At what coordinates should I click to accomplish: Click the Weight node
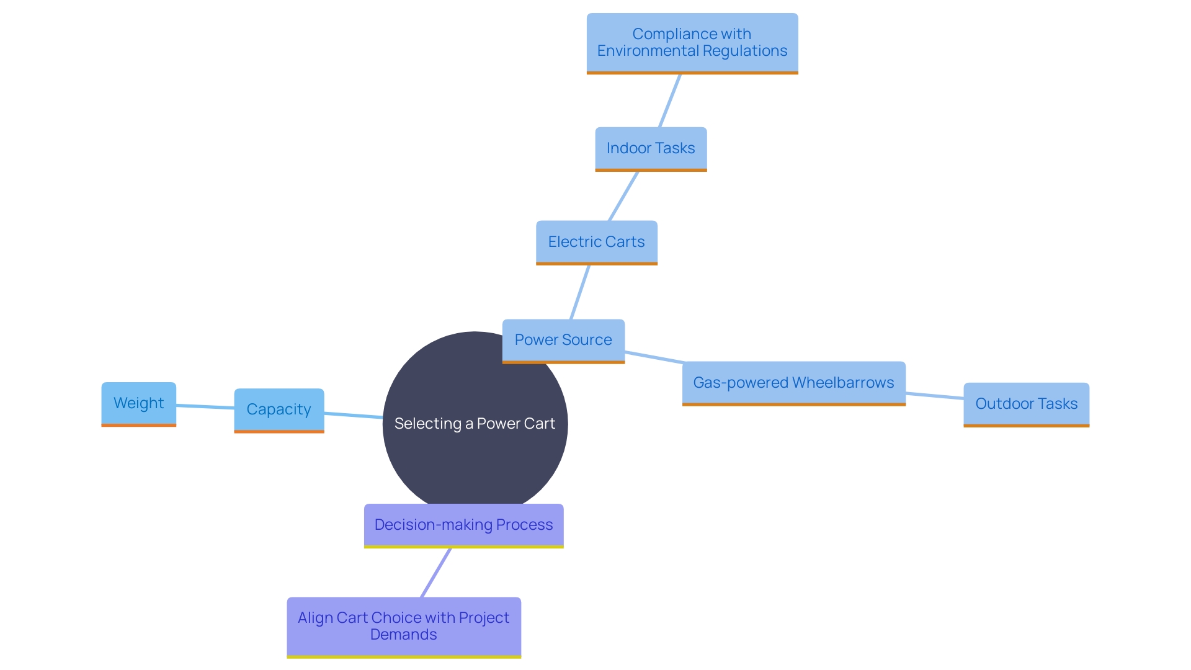[138, 404]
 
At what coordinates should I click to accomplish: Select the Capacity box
[279, 410]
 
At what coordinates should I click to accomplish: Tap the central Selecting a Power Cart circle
[475, 447]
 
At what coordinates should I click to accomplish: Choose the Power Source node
[563, 341]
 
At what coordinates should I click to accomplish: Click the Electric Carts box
[596, 242]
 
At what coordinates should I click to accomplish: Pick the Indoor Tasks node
[650, 149]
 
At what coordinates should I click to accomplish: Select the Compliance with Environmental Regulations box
[692, 43]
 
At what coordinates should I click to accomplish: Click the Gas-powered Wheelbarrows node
[793, 383]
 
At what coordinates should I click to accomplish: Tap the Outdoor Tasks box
[1026, 404]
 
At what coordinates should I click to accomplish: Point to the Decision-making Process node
[463, 525]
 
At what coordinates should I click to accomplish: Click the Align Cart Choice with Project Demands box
[403, 627]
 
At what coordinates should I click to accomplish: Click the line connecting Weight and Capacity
[205, 406]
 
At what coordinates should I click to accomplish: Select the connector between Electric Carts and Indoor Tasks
[623, 196]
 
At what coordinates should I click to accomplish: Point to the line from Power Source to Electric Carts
[580, 292]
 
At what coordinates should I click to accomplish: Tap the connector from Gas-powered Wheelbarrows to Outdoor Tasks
[934, 395]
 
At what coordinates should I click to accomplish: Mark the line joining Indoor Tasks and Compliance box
[670, 100]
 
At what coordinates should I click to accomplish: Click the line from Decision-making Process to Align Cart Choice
[436, 573]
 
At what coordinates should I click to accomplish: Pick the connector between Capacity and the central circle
[354, 415]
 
